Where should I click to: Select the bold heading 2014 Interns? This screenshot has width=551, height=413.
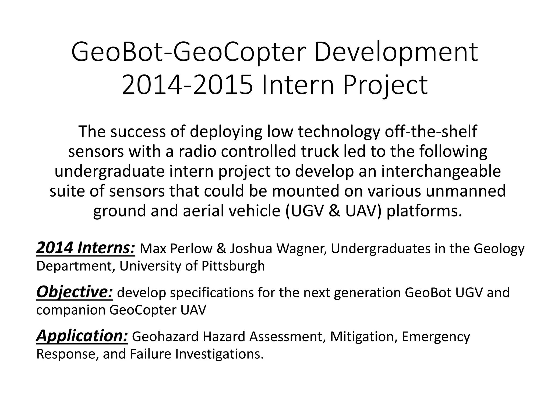click(85, 248)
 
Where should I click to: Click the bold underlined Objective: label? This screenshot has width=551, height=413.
click(75, 292)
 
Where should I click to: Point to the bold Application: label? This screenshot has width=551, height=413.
click(82, 336)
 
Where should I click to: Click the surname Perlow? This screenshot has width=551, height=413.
click(192, 249)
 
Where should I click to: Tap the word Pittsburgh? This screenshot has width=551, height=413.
click(233, 266)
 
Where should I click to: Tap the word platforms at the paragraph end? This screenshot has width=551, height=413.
click(424, 211)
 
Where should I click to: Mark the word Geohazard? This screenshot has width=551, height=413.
click(165, 337)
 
